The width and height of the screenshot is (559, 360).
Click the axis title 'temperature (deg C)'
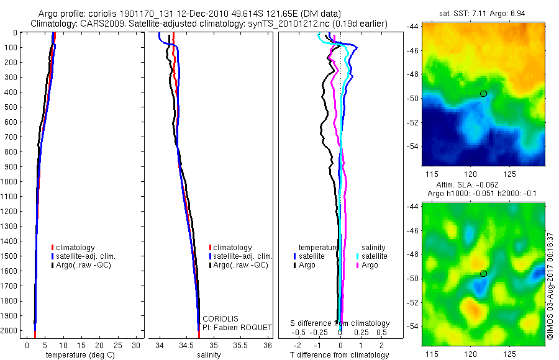tap(78, 355)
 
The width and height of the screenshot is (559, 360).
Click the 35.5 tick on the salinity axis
tap(240, 345)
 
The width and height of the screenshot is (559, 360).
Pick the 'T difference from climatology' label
tap(340, 355)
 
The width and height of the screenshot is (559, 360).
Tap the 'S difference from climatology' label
tap(340, 323)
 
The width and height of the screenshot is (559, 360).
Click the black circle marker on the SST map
tap(483, 94)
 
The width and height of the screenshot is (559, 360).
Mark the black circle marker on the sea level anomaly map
tap(483, 274)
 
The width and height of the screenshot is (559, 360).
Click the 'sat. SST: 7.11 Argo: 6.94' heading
tap(483, 13)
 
